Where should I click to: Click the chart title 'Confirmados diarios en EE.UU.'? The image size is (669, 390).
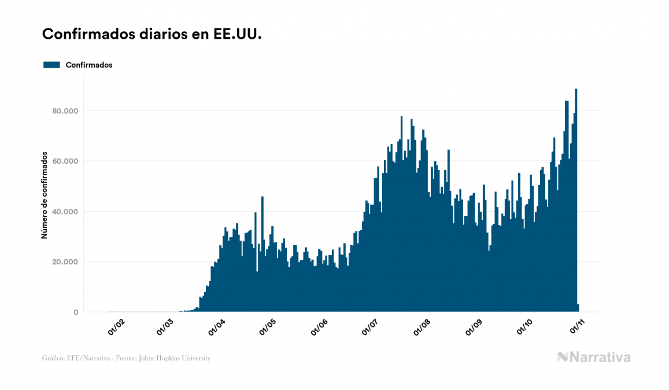tap(152, 35)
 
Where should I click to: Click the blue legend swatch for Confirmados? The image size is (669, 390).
tap(51, 65)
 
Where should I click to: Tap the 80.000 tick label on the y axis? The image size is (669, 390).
tap(64, 111)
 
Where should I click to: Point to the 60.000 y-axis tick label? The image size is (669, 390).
tap(64, 161)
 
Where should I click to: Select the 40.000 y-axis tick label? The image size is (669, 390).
tap(64, 211)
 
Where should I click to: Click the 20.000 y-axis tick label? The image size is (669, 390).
tap(64, 262)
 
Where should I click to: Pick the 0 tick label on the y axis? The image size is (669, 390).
tap(76, 312)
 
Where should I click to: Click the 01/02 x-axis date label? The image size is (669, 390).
tap(116, 328)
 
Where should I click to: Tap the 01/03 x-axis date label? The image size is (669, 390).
tap(165, 328)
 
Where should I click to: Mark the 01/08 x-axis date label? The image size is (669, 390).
tap(422, 328)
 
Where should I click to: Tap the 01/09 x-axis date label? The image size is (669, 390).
tap(474, 328)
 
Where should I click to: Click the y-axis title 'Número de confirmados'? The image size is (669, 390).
tap(44, 194)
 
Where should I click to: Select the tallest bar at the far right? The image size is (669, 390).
tap(576, 203)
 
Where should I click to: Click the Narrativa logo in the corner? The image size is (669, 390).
tap(594, 357)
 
